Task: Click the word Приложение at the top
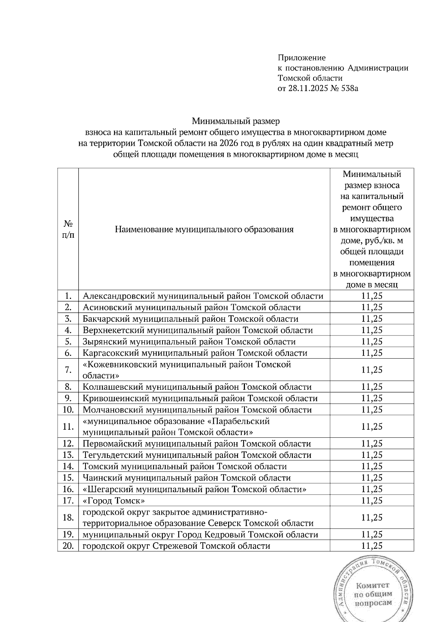point(301,58)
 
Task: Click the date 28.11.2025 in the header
point(308,88)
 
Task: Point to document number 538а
point(348,88)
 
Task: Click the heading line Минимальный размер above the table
point(236,121)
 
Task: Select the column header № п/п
point(68,229)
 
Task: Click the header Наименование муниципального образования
point(204,230)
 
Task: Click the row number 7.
point(68,370)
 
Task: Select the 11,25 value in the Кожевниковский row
point(372,370)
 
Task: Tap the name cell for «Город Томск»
point(114,500)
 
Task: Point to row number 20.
point(68,546)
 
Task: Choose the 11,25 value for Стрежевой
point(372,546)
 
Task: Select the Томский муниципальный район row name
point(184,466)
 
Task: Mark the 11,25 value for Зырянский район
point(372,341)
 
